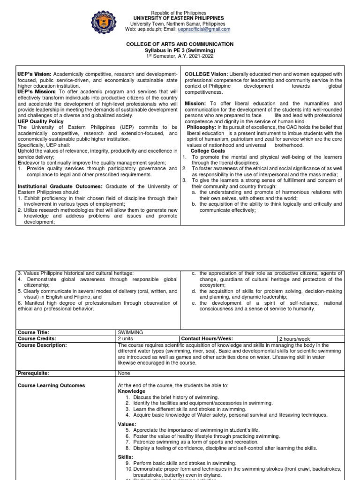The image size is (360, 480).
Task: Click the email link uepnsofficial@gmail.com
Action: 204,29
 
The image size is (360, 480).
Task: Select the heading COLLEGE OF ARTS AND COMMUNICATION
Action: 180,44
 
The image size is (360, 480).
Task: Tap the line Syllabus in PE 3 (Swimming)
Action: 180,50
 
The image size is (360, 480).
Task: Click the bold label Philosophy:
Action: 202,127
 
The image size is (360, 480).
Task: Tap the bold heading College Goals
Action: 208,151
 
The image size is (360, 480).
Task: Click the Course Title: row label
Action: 33,332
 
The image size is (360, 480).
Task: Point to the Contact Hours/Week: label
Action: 207,338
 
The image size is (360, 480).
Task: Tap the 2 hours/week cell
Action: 294,339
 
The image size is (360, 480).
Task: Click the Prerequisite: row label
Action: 34,373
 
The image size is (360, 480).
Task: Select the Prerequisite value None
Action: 124,373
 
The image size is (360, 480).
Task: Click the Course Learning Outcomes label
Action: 51,385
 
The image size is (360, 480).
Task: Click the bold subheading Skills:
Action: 126,457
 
